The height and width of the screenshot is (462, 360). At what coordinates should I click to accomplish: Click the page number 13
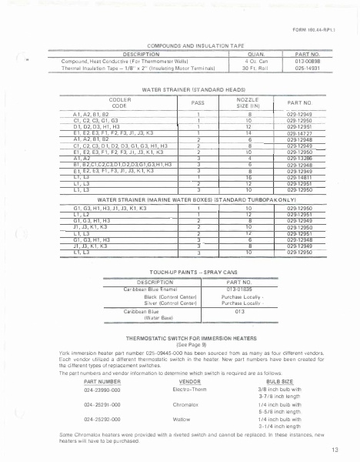(335, 449)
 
